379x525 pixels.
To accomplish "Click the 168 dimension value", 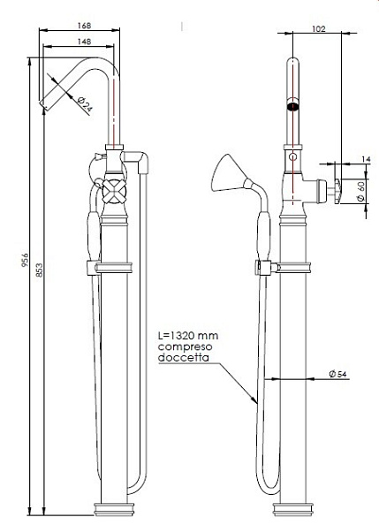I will (x=83, y=26).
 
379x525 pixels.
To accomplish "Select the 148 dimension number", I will (x=83, y=41).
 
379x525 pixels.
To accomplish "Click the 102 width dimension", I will (x=320, y=28).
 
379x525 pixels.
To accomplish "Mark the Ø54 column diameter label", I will (x=337, y=375).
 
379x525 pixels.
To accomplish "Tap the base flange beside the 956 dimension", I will (x=115, y=508).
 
